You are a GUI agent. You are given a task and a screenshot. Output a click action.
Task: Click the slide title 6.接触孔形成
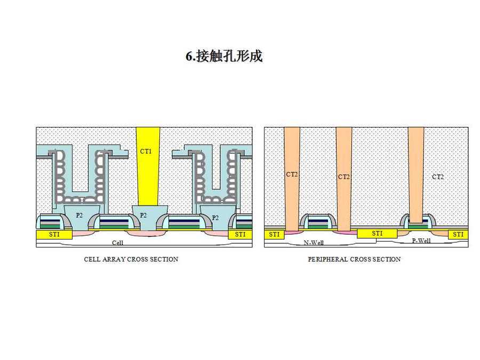pyautogui.click(x=224, y=57)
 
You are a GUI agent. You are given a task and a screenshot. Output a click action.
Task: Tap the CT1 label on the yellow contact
pyautogui.click(x=146, y=151)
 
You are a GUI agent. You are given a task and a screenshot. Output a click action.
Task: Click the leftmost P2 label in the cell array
pyautogui.click(x=79, y=215)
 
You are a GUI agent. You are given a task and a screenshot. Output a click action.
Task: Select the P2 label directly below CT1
pyautogui.click(x=143, y=215)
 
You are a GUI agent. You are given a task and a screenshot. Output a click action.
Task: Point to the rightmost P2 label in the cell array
pyautogui.click(x=215, y=218)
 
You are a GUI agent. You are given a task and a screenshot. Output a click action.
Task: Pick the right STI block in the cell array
pyautogui.click(x=240, y=234)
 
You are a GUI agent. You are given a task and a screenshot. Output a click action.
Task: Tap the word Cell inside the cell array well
pyautogui.click(x=118, y=243)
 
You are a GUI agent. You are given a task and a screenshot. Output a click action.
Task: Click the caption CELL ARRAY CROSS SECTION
pyautogui.click(x=131, y=259)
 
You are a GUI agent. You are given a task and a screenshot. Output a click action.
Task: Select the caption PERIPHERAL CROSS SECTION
pyautogui.click(x=354, y=259)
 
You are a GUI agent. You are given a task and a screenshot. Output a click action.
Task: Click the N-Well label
pyautogui.click(x=314, y=243)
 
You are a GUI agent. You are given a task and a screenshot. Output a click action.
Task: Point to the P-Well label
pyautogui.click(x=421, y=241)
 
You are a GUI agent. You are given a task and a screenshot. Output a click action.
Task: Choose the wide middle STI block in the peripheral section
pyautogui.click(x=377, y=234)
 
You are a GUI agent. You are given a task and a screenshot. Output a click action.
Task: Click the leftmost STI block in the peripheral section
pyautogui.click(x=274, y=234)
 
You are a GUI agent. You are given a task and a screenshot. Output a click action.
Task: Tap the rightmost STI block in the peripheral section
pyautogui.click(x=457, y=234)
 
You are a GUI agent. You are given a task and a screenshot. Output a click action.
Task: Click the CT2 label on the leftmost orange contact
pyautogui.click(x=291, y=174)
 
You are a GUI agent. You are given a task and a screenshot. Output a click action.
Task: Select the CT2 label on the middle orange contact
pyautogui.click(x=344, y=177)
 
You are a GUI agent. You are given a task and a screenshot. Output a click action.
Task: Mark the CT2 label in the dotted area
pyautogui.click(x=438, y=177)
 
